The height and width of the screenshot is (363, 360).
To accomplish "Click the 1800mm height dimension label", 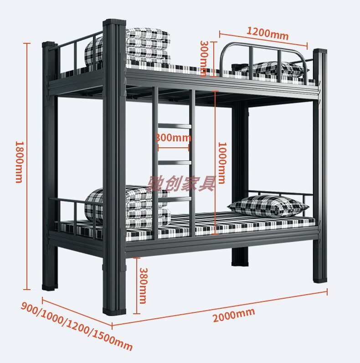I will pos(19,162).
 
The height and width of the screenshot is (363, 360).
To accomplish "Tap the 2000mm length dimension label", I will pos(233,315).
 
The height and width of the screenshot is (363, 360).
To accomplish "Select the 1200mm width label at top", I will pos(267,33).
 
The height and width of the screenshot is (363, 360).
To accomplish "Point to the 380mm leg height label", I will pos(143,285).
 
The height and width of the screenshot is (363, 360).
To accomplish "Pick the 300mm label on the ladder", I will pos(173,137).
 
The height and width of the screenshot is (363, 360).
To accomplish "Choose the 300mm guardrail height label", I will pos(205,55).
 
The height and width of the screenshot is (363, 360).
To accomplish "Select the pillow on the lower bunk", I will pos(268,206).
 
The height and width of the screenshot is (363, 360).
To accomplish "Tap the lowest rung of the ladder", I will pos(174,199).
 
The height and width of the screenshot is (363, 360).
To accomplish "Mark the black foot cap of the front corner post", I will pos(114,311).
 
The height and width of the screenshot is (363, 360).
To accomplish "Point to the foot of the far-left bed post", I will pos(50,287).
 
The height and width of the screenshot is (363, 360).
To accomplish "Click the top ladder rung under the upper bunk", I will pos(174,125).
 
